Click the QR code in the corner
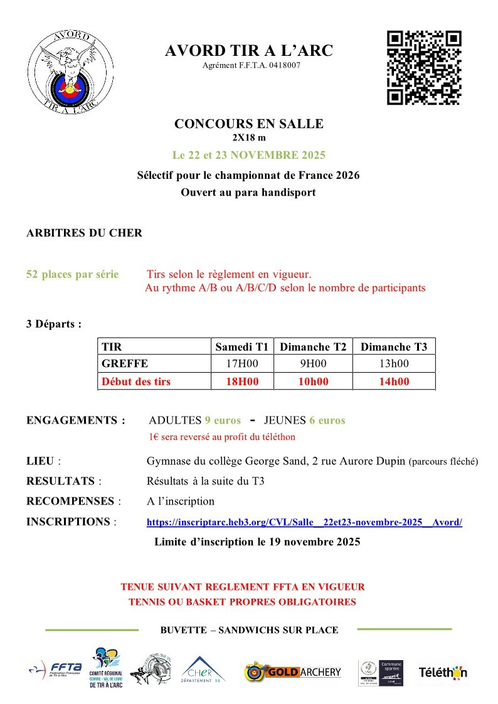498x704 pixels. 425,68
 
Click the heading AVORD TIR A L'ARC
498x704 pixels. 249,51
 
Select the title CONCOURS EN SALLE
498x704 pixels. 249,124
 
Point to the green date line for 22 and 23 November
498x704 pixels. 249,154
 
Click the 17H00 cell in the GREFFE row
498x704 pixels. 241,363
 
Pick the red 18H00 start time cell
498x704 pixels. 241,381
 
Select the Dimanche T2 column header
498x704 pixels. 313,347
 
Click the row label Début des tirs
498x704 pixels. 136,381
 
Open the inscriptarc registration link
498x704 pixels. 304,522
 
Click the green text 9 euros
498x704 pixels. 223,420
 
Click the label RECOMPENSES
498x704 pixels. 70,501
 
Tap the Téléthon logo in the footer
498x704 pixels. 443,673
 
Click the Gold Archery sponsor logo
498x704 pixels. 292,672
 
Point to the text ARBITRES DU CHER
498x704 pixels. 84,233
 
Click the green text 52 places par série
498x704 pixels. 72,275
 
